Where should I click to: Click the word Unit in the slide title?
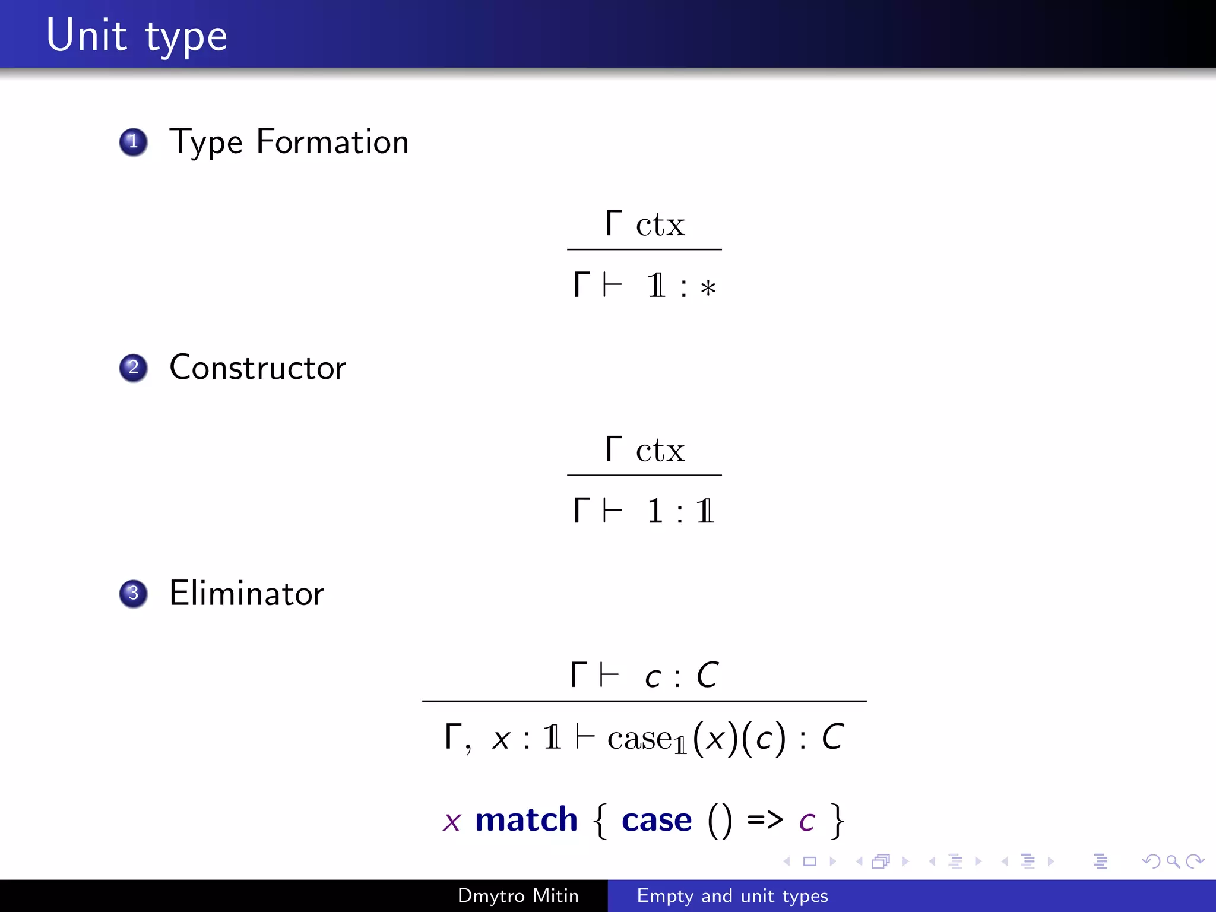click(86, 36)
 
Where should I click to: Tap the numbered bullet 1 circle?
click(134, 142)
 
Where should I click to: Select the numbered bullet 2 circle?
click(134, 368)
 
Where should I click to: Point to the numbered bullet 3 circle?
click(134, 593)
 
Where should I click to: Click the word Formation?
click(332, 142)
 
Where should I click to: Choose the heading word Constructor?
click(257, 368)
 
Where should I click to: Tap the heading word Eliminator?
click(246, 593)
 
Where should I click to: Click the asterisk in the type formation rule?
click(708, 289)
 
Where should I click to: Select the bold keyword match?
click(526, 820)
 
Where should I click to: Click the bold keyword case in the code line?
click(657, 820)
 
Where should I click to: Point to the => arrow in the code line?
click(765, 820)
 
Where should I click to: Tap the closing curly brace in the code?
click(837, 821)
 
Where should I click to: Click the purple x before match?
click(452, 822)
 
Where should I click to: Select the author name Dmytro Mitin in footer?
click(518, 895)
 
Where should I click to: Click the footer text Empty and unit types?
click(732, 895)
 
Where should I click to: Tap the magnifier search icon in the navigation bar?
click(1173, 861)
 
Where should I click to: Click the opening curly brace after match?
click(600, 821)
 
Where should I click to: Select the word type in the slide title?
click(186, 37)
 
